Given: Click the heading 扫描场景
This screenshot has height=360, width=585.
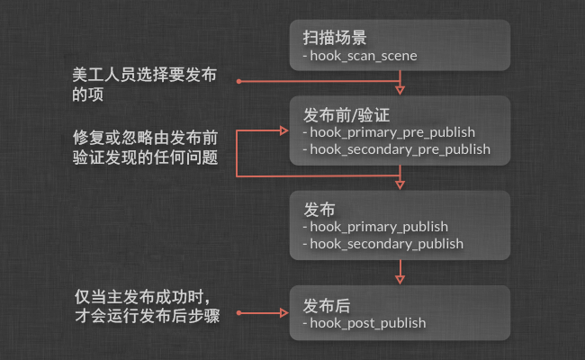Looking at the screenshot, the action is (x=334, y=39).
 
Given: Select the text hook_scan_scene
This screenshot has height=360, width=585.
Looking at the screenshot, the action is (x=363, y=57).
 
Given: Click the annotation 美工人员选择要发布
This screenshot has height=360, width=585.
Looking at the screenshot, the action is (x=144, y=74).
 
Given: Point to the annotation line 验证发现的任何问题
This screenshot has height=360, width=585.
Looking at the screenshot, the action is (x=144, y=159).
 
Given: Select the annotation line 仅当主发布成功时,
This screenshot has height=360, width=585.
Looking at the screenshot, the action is (x=144, y=296).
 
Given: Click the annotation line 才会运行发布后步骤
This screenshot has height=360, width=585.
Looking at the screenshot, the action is (x=146, y=316).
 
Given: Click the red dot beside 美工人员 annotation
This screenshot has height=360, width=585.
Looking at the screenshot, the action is (x=239, y=82).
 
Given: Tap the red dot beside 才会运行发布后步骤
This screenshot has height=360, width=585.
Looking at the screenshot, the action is (x=239, y=314).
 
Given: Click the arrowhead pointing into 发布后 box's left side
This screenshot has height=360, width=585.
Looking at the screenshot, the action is (x=283, y=314).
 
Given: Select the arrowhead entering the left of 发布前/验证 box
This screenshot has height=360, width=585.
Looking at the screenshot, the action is (x=283, y=131).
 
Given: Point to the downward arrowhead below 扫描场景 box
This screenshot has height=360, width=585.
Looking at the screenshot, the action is (x=400, y=89).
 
